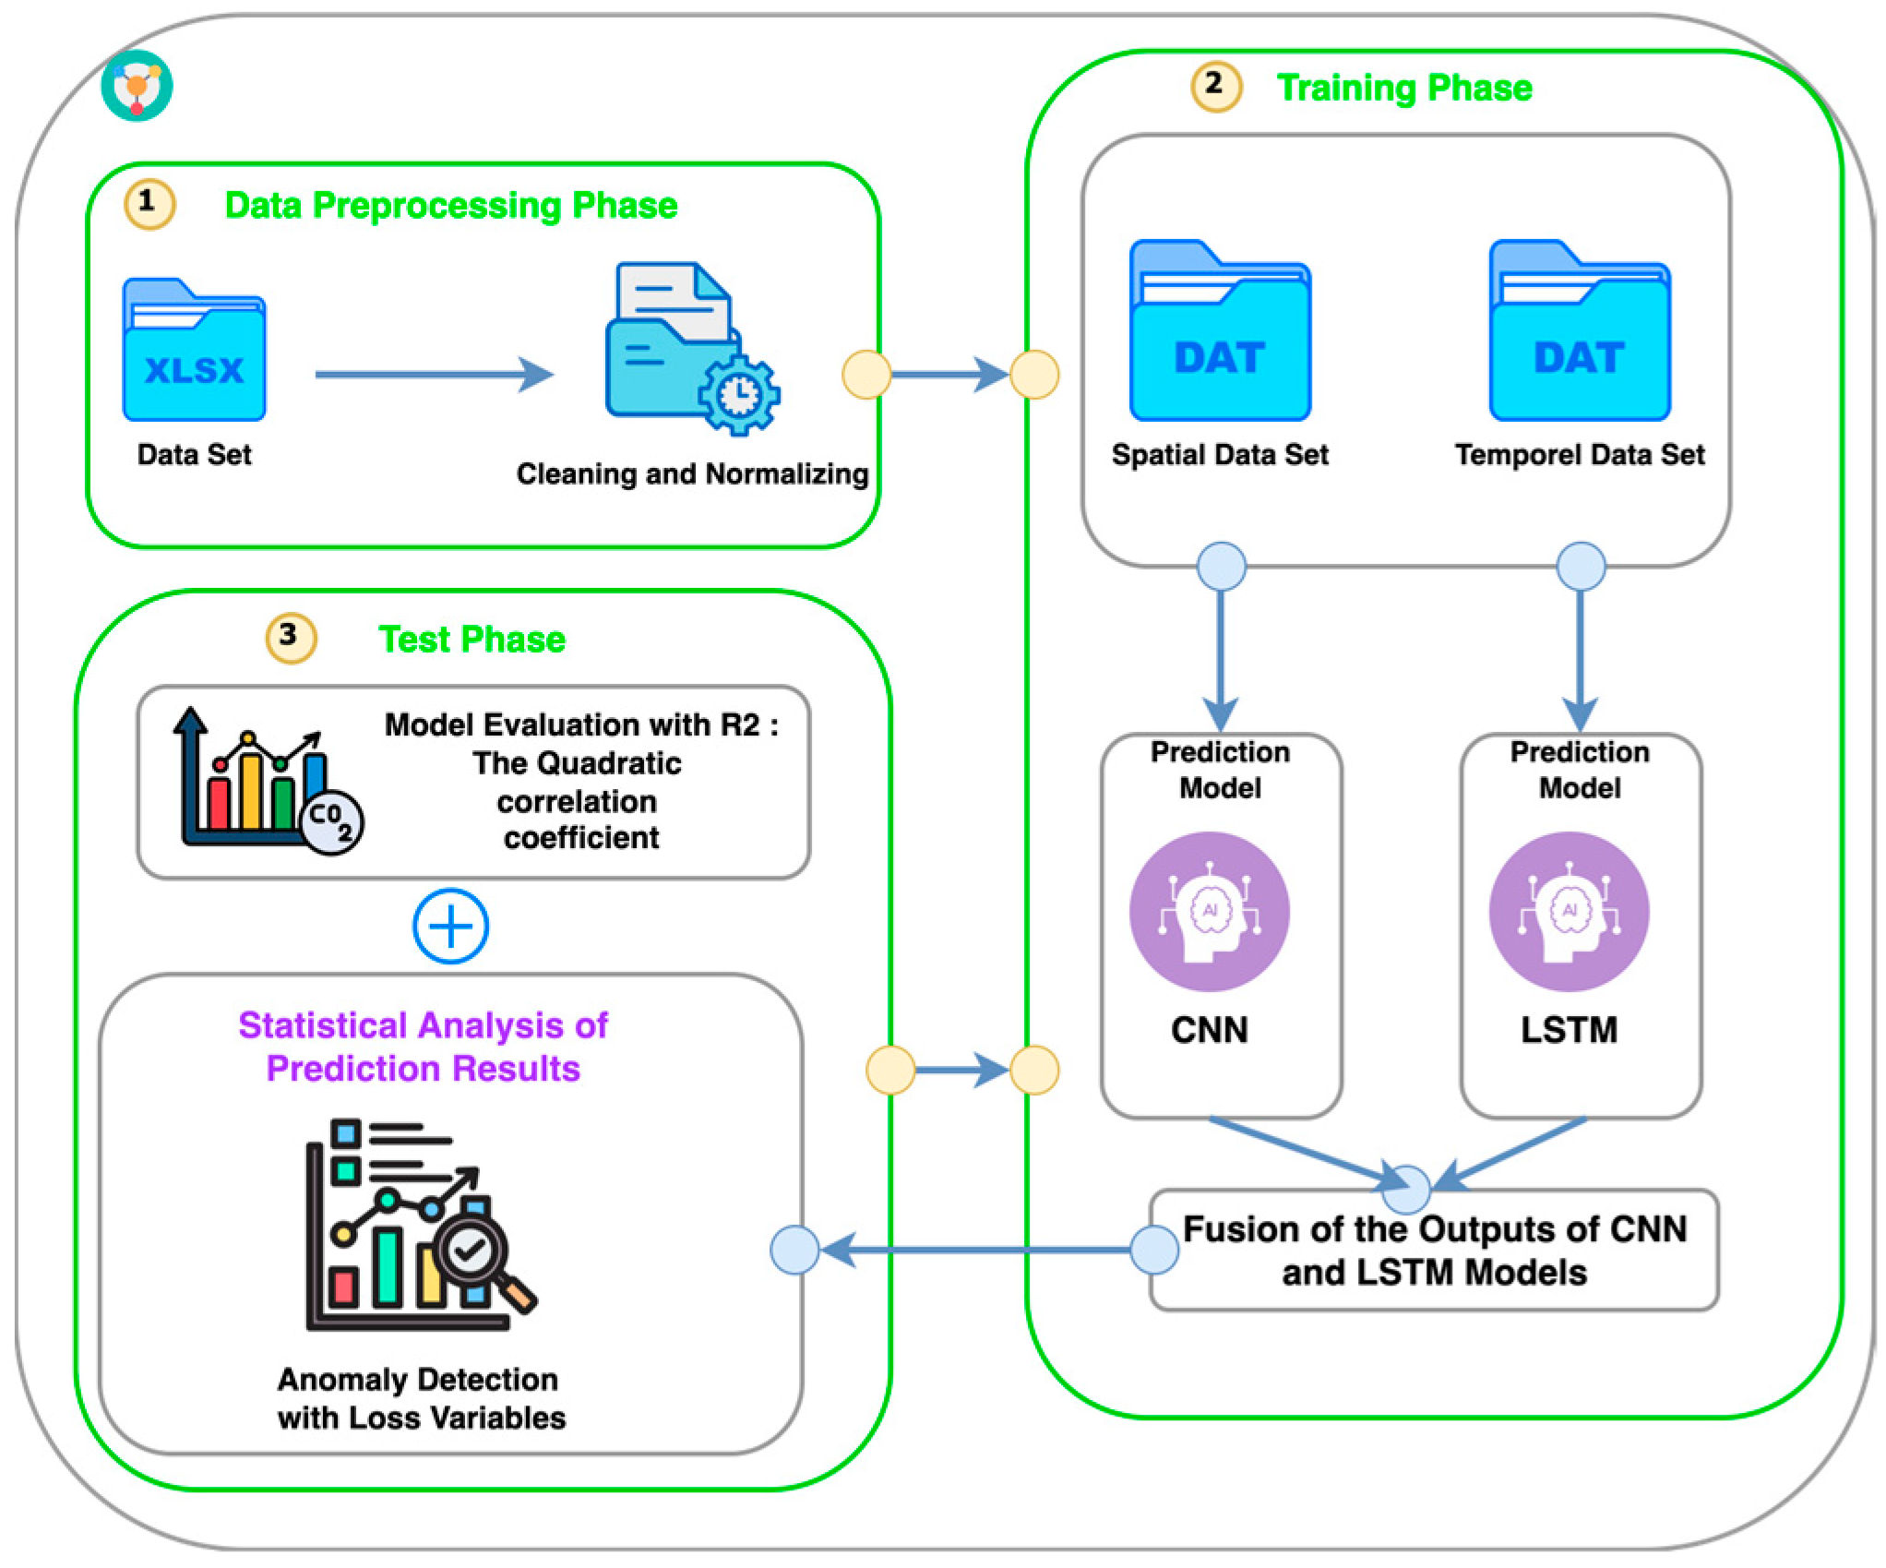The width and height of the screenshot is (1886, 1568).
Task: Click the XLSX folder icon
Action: click(194, 351)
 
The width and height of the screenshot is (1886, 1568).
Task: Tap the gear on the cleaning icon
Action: click(738, 395)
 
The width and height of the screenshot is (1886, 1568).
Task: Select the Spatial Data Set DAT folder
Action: click(1220, 332)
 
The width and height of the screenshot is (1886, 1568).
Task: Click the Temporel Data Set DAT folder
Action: click(1580, 332)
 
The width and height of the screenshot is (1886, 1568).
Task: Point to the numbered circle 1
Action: click(149, 203)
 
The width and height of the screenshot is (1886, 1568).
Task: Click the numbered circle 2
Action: click(1216, 86)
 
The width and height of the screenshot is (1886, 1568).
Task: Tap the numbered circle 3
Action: click(291, 637)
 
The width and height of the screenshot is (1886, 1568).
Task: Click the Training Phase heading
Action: click(1403, 89)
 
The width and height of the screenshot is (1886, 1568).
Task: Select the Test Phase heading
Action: click(471, 640)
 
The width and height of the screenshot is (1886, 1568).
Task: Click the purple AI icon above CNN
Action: click(1210, 912)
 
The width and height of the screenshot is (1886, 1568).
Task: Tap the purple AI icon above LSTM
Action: click(1569, 912)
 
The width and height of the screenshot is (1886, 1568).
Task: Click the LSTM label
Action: click(1569, 1030)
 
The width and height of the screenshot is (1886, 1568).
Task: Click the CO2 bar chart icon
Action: click(268, 783)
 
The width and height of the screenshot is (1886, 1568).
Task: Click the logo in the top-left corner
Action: click(137, 86)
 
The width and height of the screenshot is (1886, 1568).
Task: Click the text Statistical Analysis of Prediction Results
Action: click(423, 1047)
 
